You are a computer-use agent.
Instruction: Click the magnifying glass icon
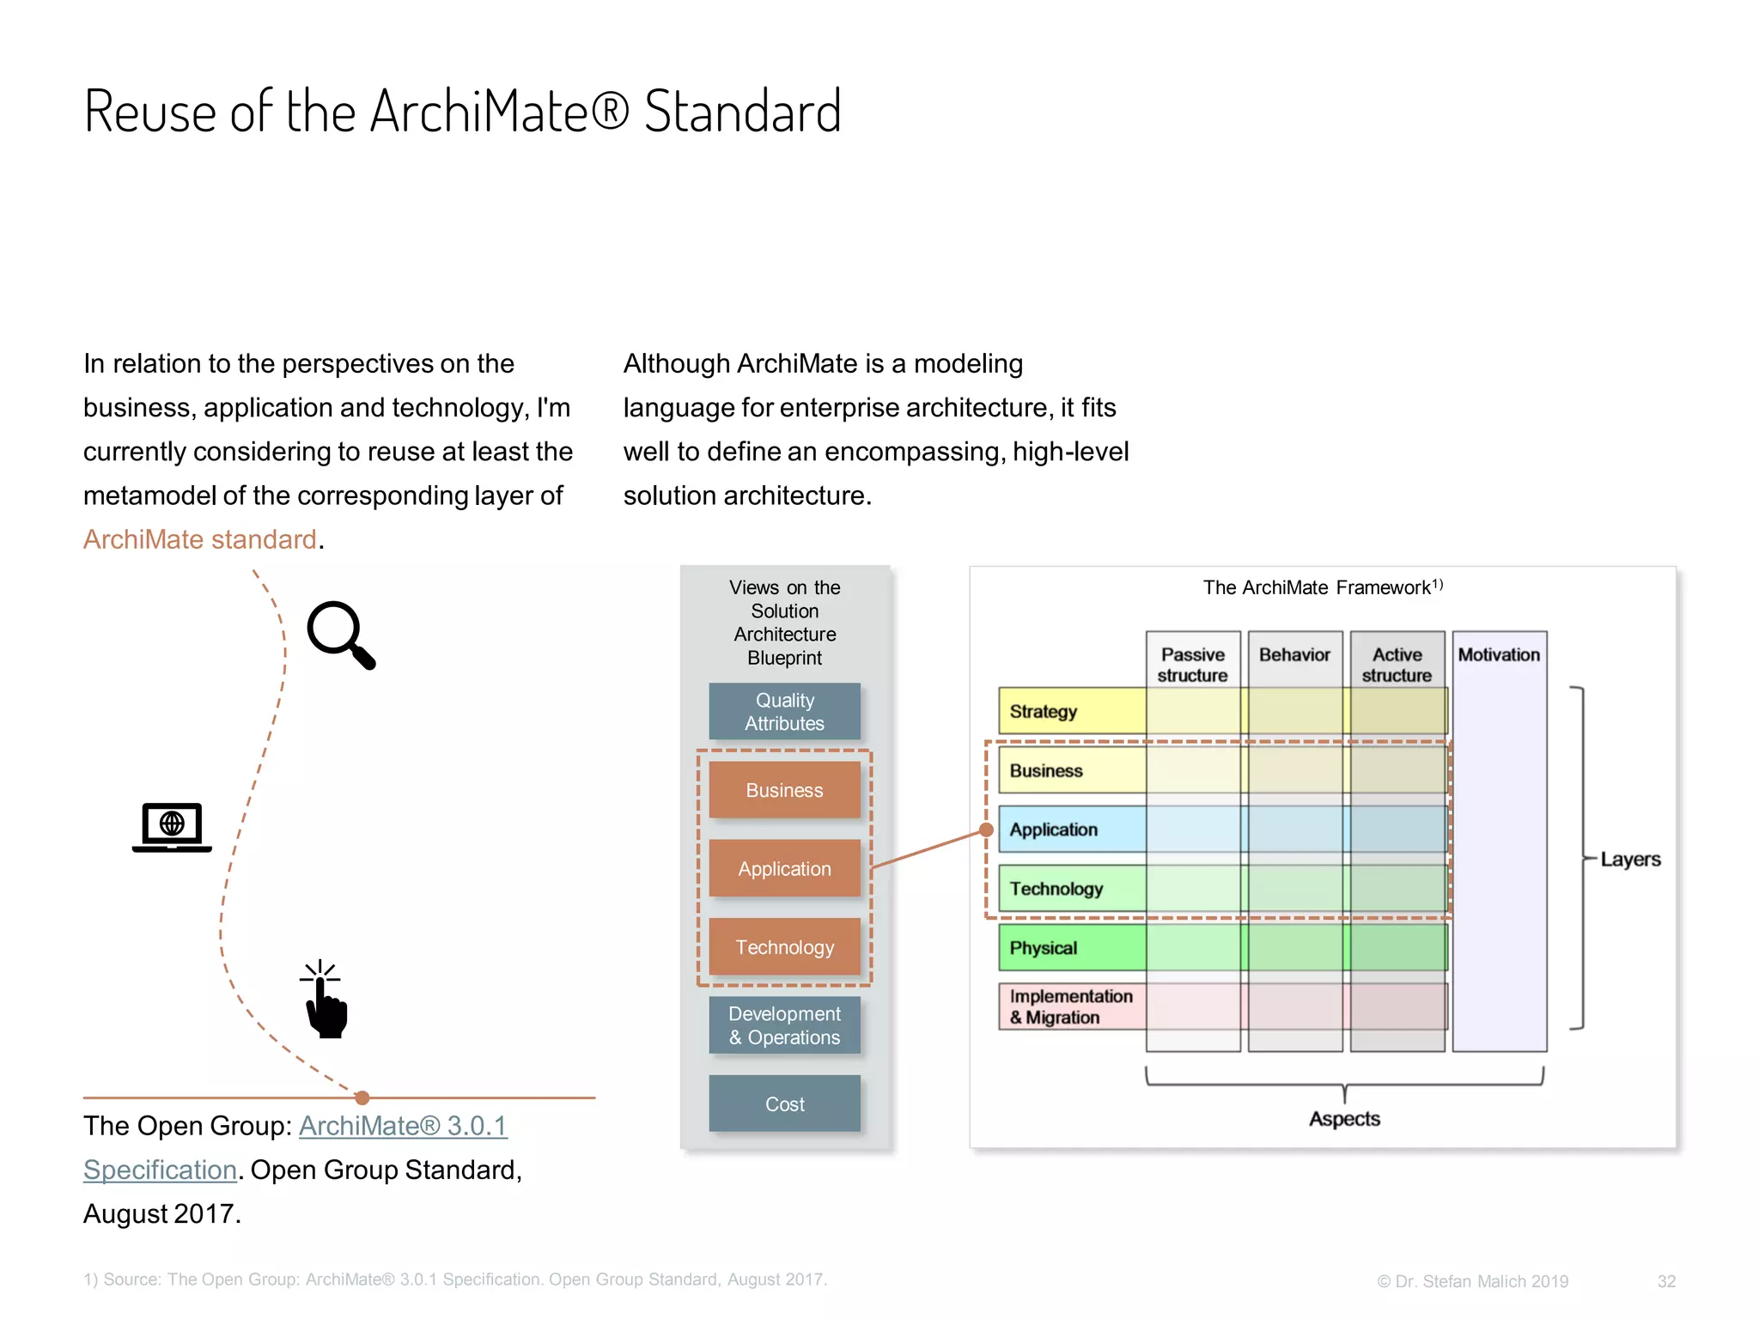(x=341, y=634)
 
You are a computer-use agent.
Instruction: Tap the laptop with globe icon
(x=172, y=827)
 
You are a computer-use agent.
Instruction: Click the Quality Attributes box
(x=784, y=712)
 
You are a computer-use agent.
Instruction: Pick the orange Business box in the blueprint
(x=784, y=790)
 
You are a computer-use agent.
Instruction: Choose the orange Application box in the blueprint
(x=784, y=869)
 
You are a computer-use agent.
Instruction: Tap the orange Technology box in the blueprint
(x=784, y=947)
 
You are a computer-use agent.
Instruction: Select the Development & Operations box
(x=784, y=1025)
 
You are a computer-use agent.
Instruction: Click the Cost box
(x=784, y=1104)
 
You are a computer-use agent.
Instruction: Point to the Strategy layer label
(x=1044, y=712)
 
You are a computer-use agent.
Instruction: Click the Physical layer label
(x=1044, y=948)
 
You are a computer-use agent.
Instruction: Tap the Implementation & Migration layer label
(x=1070, y=1006)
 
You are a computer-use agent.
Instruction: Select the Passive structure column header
(x=1193, y=665)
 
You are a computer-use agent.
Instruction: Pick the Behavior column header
(x=1294, y=655)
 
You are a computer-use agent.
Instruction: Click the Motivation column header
(x=1499, y=655)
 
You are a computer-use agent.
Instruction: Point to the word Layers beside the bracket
(x=1630, y=860)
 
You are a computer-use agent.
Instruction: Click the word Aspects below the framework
(x=1344, y=1119)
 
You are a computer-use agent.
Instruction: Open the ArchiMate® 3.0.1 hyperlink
(x=403, y=1126)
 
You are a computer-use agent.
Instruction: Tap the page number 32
(x=1666, y=1281)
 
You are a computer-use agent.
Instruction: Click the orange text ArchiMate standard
(x=200, y=539)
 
